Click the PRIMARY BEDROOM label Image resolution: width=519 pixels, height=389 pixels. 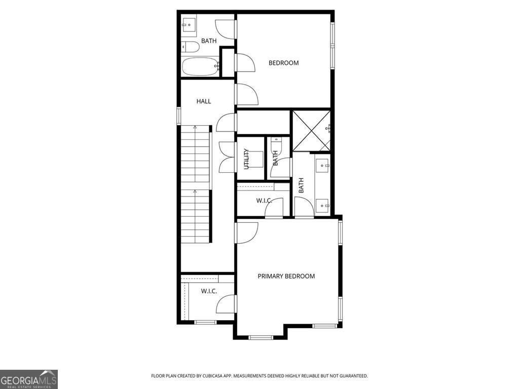pos(286,276)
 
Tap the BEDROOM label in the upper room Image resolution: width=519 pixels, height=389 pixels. pos(283,63)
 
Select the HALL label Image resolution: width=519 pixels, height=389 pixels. pos(204,101)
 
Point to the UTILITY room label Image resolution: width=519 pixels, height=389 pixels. pos(247,159)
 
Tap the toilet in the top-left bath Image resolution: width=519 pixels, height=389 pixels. pos(191,47)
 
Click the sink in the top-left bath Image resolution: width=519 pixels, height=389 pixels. pos(189,23)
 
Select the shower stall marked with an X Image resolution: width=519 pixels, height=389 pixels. pos(310,131)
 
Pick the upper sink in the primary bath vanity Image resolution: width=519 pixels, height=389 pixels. pos(323,165)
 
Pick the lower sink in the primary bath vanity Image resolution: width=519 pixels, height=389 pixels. pos(323,205)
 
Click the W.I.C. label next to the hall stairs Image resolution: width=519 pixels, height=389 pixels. pos(209,291)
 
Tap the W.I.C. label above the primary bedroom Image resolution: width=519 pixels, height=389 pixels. pos(264,201)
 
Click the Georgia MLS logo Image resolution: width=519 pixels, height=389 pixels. pos(29,379)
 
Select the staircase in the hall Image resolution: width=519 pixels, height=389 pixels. pos(196,185)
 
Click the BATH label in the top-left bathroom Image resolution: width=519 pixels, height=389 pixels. pos(209,41)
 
